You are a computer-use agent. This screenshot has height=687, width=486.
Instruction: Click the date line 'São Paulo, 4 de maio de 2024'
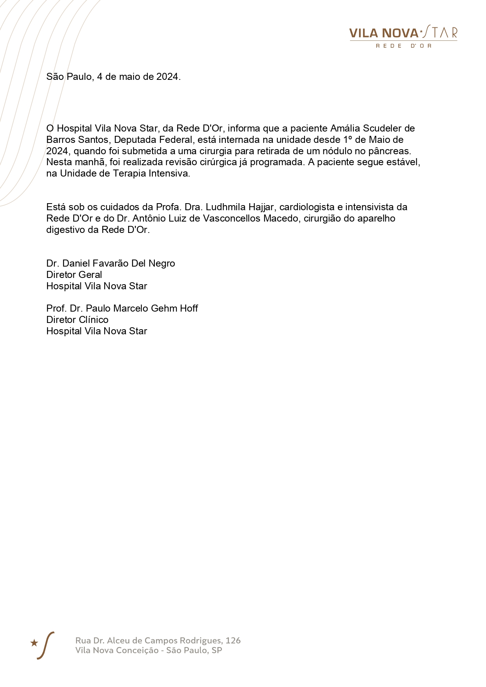click(113, 77)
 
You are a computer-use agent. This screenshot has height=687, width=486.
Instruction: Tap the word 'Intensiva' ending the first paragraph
click(171, 173)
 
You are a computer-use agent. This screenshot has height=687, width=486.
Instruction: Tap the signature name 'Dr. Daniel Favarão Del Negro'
click(111, 263)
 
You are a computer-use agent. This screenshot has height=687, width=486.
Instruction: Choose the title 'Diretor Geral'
click(74, 275)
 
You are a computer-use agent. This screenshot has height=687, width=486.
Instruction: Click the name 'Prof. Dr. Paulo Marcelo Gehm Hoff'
click(122, 308)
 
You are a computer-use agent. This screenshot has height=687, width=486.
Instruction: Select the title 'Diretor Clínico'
click(77, 320)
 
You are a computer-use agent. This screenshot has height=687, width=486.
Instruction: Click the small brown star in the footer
click(34, 643)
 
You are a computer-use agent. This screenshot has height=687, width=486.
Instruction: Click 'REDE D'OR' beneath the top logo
click(403, 46)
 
